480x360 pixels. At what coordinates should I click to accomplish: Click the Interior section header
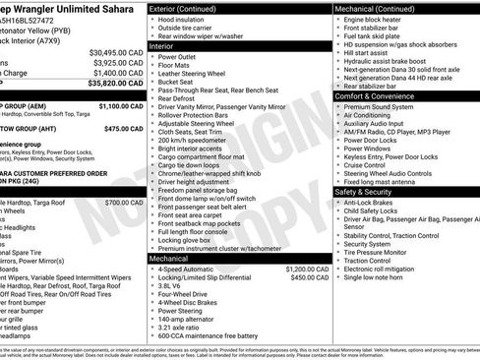[x=161, y=45]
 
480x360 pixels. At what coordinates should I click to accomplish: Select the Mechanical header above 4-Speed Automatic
[x=168, y=258]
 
